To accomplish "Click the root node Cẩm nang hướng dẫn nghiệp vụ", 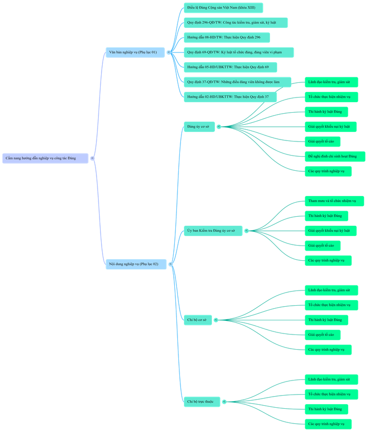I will click(x=45, y=158).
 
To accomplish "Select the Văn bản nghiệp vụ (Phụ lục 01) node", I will click(x=135, y=52).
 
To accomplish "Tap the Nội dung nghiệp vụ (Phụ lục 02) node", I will click(x=135, y=264).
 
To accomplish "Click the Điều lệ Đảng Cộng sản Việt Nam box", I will click(x=223, y=8).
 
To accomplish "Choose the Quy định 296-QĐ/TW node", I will click(x=236, y=23).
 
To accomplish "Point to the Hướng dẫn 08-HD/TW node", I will click(x=226, y=37).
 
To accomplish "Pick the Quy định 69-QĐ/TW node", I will click(x=239, y=52).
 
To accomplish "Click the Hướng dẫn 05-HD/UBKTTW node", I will click(x=230, y=67).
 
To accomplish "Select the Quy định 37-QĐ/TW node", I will click(x=237, y=82).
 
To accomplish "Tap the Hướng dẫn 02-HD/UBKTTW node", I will click(x=230, y=97).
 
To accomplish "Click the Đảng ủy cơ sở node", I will click(x=199, y=127).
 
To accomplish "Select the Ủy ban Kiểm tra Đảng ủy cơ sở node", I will click(x=213, y=231).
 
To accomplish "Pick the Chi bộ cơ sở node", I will click(x=198, y=320).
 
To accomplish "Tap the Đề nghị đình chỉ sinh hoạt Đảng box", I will click(x=334, y=157).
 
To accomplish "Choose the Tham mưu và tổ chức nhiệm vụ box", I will click(x=334, y=201).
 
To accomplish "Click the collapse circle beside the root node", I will click(x=92, y=158).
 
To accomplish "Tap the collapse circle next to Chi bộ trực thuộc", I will click(x=224, y=402).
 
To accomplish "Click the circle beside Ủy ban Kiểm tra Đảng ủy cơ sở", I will click(x=247, y=231).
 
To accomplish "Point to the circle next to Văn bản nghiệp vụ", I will click(x=169, y=52).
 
